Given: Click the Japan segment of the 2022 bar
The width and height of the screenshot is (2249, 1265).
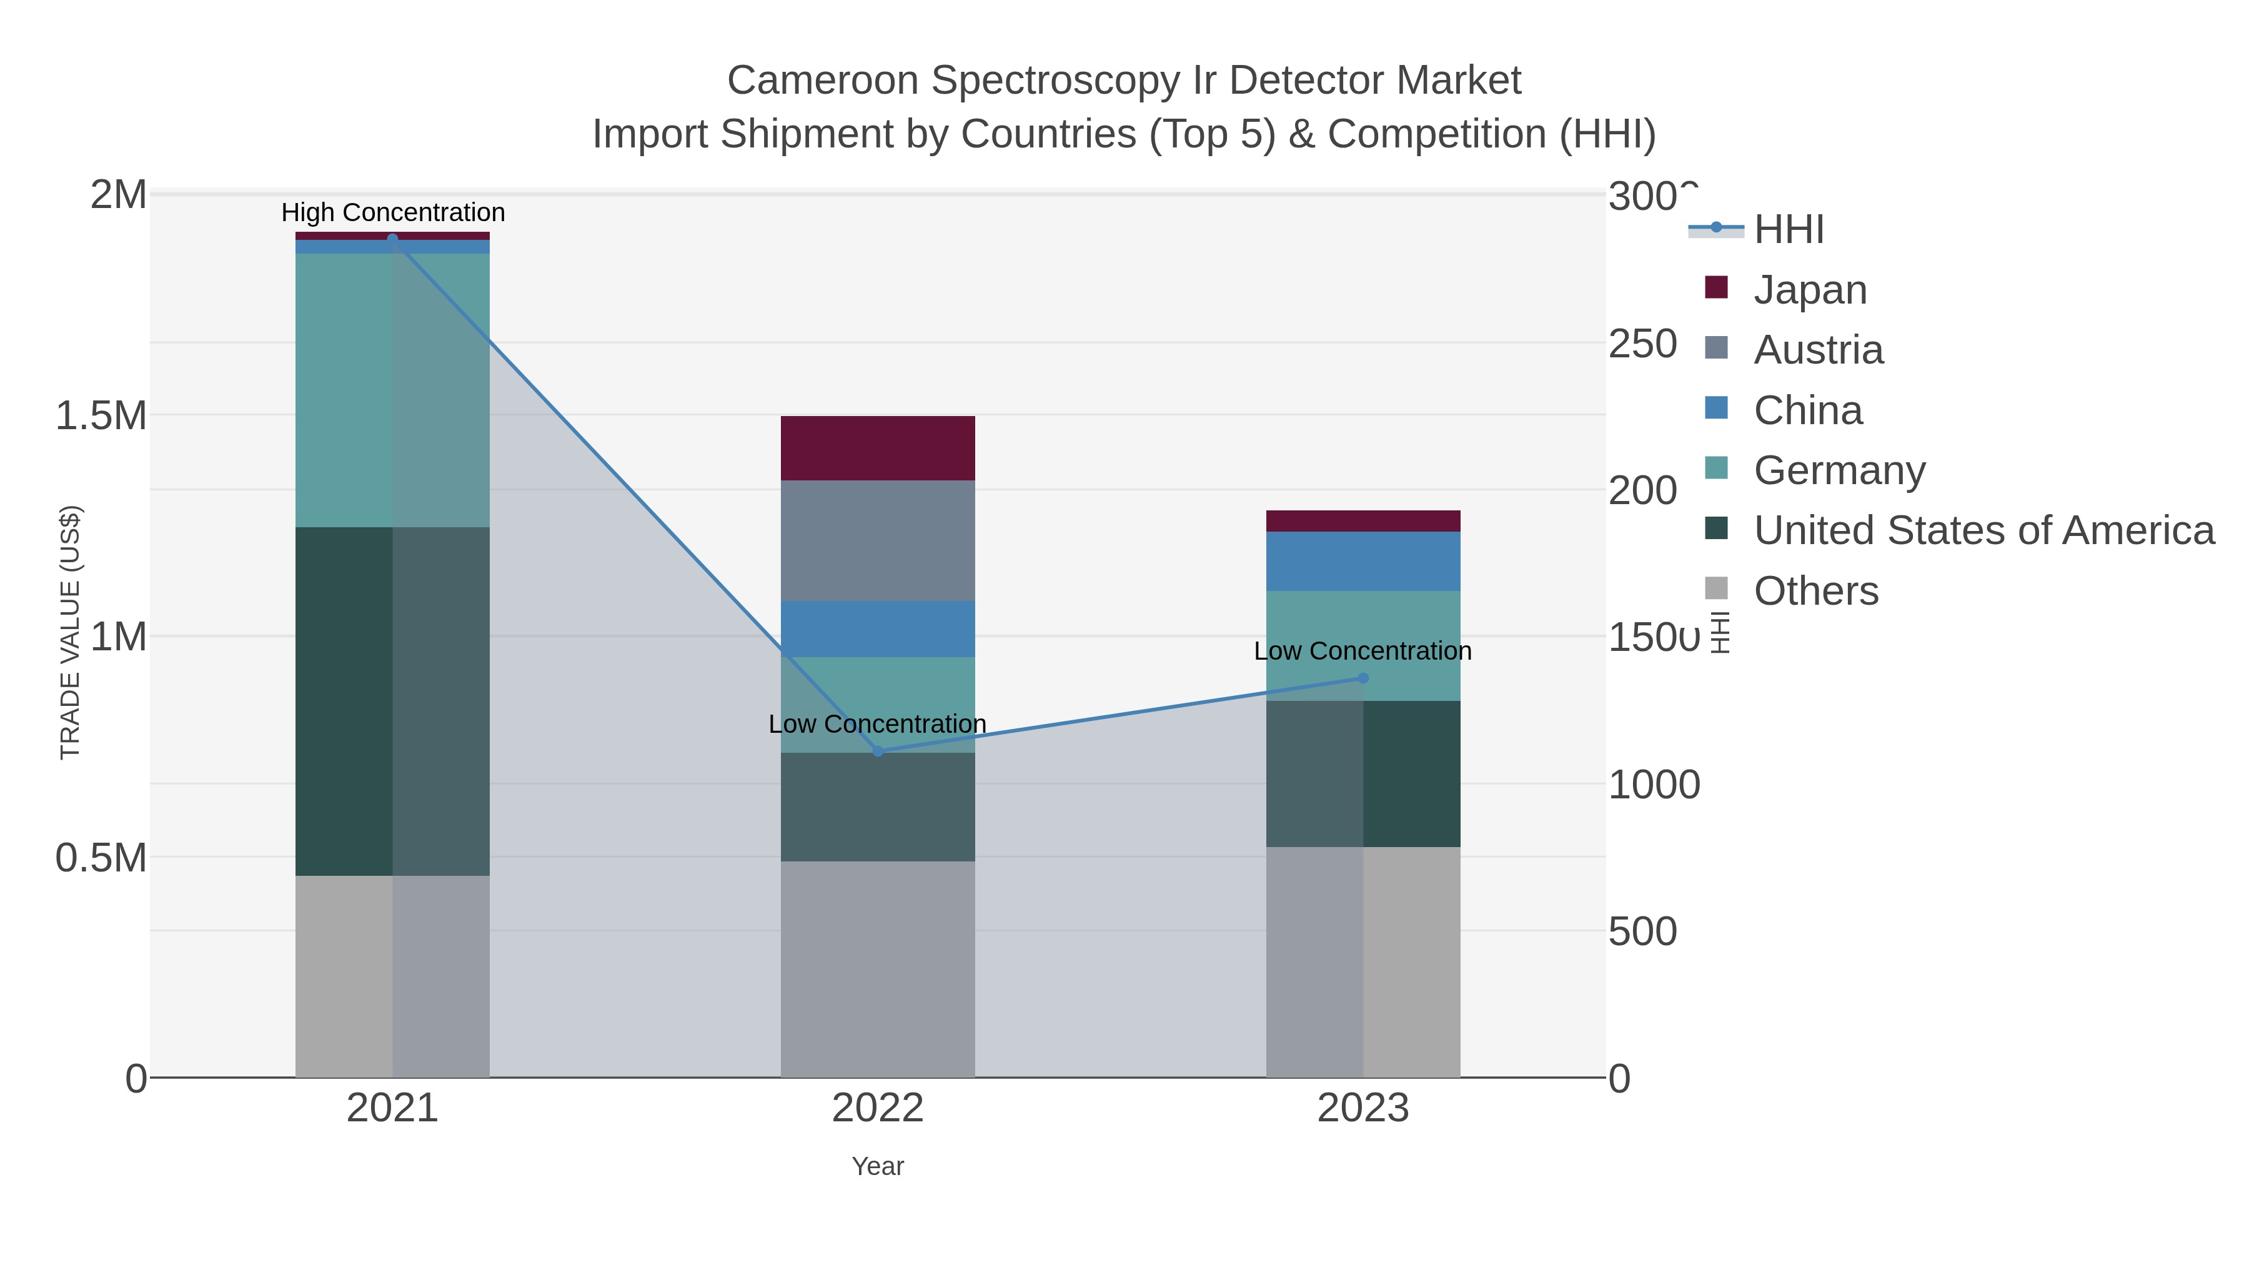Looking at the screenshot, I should coord(878,448).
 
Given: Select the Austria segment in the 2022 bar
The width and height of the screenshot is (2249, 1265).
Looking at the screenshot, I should coord(878,540).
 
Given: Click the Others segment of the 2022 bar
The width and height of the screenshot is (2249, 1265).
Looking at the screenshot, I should coord(878,969).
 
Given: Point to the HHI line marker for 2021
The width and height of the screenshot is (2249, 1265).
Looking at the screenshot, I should coord(392,239).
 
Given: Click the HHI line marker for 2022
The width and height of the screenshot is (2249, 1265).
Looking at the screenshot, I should coord(878,751).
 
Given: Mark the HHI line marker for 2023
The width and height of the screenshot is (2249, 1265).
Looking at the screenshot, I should coord(1363,678).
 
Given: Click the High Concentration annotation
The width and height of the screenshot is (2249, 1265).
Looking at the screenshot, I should coord(393,212).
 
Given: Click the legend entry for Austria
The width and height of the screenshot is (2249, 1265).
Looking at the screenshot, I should coord(1818,350).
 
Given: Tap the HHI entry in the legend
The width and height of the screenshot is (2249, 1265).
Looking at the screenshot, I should coord(1788,230).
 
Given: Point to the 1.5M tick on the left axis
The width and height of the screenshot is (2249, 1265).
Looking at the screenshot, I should coord(101,415).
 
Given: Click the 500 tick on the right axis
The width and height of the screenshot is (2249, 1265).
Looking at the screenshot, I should coord(1641,931).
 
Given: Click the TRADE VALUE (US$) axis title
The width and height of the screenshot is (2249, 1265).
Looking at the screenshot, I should coord(70,632).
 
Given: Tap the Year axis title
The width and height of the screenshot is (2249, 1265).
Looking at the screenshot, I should coord(878,1166).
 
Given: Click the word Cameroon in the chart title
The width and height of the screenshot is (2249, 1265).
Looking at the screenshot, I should coord(822,81).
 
